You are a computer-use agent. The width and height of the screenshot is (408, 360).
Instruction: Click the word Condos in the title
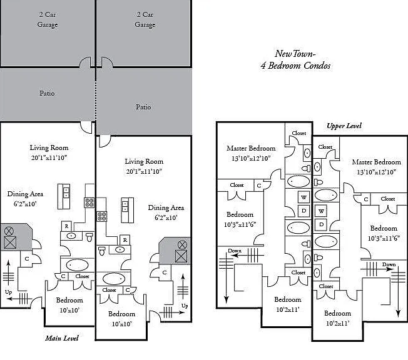click(317, 66)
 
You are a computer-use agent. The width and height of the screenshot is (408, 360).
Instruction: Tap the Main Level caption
click(62, 338)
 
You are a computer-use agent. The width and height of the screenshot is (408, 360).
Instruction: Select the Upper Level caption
click(344, 126)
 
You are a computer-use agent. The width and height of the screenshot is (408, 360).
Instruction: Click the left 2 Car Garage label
click(48, 19)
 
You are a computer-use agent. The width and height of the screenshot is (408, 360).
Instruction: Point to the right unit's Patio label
click(143, 107)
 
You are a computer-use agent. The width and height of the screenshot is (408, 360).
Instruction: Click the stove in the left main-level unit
click(89, 202)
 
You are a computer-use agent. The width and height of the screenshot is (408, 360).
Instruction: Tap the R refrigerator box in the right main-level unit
click(125, 240)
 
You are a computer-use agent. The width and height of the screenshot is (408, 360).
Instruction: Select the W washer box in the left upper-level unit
click(303, 197)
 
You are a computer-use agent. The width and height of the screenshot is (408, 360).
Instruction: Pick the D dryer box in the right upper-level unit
click(322, 224)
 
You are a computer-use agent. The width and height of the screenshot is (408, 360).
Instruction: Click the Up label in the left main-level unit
click(8, 292)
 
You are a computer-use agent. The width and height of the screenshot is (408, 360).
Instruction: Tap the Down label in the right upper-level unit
click(389, 264)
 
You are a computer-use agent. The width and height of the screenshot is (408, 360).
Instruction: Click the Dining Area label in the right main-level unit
click(166, 207)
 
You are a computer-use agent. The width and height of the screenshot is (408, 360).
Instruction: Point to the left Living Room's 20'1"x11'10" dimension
click(49, 157)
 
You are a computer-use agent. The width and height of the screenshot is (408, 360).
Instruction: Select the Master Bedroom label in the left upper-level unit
click(251, 148)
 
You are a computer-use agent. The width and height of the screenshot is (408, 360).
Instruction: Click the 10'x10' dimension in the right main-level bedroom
click(121, 324)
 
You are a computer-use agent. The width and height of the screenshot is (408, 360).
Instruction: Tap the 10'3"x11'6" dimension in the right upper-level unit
click(384, 238)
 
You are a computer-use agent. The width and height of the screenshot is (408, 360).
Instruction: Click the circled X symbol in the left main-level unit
click(9, 231)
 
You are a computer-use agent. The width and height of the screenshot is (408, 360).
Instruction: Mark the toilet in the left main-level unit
click(89, 237)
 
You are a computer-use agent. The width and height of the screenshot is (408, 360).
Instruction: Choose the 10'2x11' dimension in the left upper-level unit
click(288, 309)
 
